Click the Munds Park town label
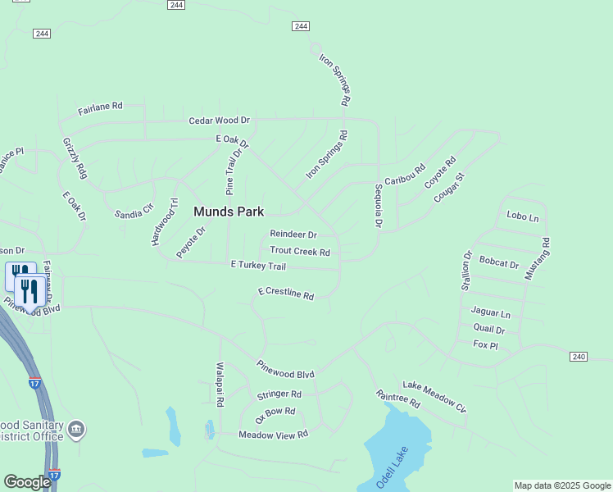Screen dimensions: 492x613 tap(229, 212)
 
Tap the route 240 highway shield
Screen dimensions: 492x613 tap(579, 357)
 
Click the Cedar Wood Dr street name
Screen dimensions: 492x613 tap(219, 121)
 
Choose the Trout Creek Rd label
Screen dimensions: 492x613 tap(300, 252)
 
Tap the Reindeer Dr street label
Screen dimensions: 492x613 tap(293, 235)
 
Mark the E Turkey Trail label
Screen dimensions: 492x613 tap(258, 266)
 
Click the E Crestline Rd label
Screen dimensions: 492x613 tap(286, 293)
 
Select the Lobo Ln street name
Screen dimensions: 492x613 tap(523, 216)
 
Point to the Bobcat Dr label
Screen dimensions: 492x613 tap(499, 264)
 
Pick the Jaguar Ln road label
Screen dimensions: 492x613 tap(491, 313)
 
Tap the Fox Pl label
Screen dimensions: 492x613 tap(485, 345)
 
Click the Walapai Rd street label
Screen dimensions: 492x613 tap(220, 385)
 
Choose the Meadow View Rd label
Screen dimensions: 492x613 tap(273, 434)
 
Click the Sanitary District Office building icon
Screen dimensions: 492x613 tap(76, 429)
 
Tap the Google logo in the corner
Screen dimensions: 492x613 tap(27, 482)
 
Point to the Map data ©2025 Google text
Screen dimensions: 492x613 tap(562, 485)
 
